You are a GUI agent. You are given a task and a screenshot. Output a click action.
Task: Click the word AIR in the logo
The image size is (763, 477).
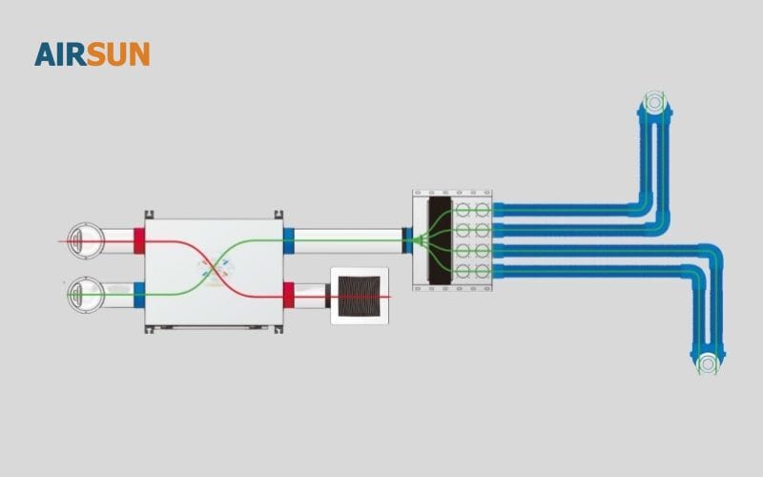pos(60,54)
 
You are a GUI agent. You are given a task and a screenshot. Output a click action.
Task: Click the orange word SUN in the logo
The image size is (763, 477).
pos(118,54)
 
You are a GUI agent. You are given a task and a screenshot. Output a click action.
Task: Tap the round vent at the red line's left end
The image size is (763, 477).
pos(84,240)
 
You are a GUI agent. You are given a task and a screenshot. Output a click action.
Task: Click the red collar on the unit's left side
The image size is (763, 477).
pos(138,240)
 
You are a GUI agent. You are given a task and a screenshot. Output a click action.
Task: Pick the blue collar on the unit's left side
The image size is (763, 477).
pos(139,295)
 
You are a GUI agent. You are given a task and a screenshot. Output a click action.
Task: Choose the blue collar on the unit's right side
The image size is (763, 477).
pos(289,240)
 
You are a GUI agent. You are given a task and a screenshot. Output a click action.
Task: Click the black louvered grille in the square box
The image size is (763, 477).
pos(360,296)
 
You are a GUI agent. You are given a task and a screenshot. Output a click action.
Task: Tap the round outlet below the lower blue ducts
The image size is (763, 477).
pos(707,363)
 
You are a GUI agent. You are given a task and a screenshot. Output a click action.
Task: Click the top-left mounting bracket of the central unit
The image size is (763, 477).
pos(148,215)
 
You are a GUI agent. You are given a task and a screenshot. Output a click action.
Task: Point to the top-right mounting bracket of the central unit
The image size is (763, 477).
pos(278,215)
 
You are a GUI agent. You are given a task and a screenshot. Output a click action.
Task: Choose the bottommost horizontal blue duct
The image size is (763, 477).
pos(591,271)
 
